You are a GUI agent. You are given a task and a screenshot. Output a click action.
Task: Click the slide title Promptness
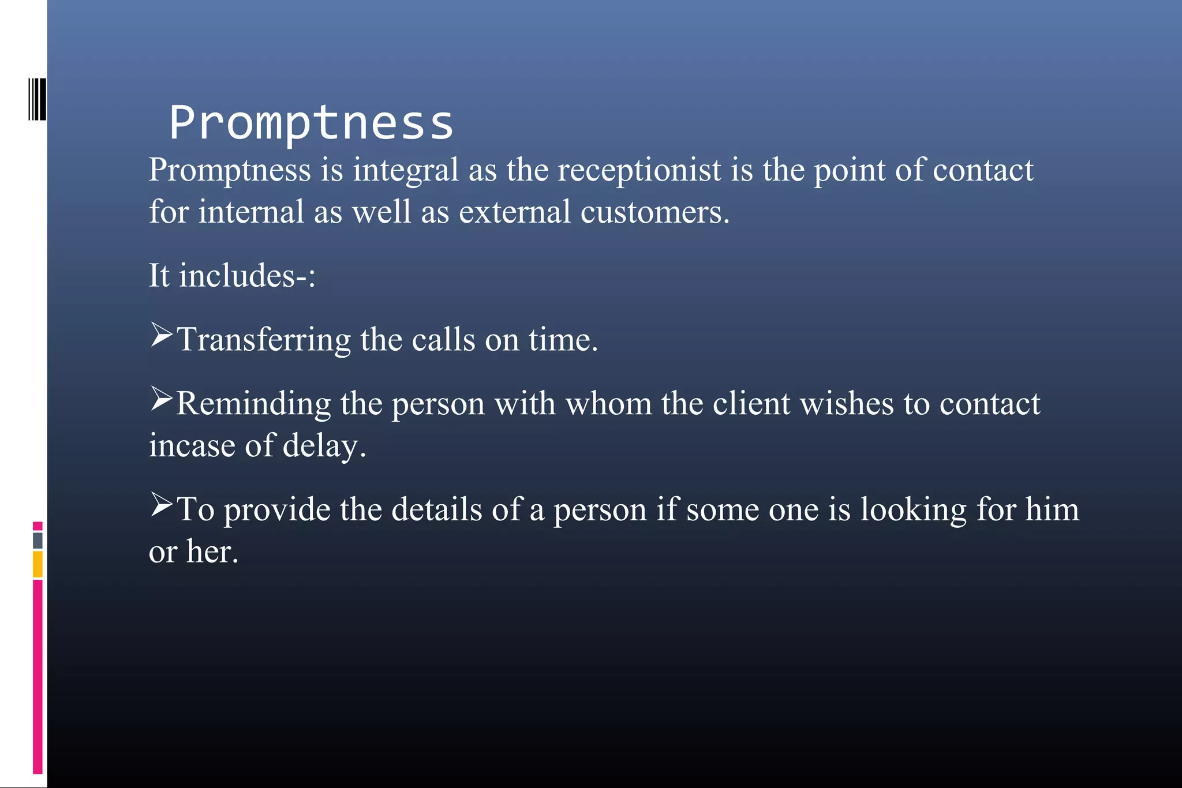[x=311, y=123]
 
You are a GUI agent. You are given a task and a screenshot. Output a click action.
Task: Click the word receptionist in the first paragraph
[x=639, y=170]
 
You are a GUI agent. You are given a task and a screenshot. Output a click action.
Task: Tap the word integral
[x=405, y=170]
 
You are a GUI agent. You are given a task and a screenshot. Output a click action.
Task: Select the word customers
[x=654, y=212]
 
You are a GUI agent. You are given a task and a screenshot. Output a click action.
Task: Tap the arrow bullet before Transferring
[x=162, y=335]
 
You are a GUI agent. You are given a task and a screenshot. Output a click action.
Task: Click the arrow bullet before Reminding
[x=162, y=399]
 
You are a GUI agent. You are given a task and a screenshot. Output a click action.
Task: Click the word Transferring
[x=263, y=339]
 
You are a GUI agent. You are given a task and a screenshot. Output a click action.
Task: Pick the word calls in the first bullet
[x=443, y=339]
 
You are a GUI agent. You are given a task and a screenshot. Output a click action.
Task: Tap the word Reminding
[x=253, y=403]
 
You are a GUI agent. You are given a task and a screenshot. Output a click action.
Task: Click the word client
[x=751, y=403]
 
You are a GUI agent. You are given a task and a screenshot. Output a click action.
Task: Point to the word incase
[x=192, y=446]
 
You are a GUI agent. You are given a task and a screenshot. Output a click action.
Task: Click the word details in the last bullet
[x=436, y=509]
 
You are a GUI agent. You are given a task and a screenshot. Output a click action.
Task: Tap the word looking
[x=913, y=509]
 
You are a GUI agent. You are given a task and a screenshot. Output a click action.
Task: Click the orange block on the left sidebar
[x=38, y=564]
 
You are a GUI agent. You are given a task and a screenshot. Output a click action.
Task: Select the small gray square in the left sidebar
[x=38, y=541]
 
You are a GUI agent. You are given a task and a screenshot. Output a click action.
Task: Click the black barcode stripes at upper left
[x=37, y=99]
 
